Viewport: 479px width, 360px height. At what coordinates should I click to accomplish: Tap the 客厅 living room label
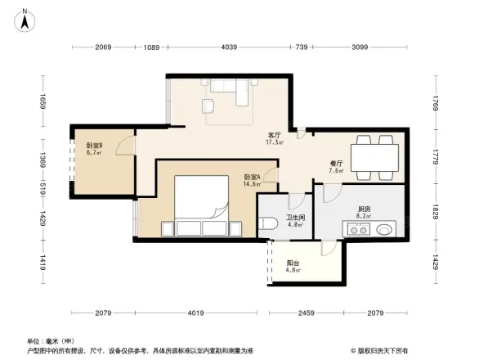tap(275, 137)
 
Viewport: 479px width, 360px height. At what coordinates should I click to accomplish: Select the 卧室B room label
tap(94, 148)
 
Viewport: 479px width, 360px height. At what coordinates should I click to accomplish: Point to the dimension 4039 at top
tap(228, 47)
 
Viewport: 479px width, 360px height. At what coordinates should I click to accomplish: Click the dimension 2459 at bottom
tap(304, 313)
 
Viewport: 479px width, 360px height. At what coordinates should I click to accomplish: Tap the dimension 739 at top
tap(301, 47)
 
